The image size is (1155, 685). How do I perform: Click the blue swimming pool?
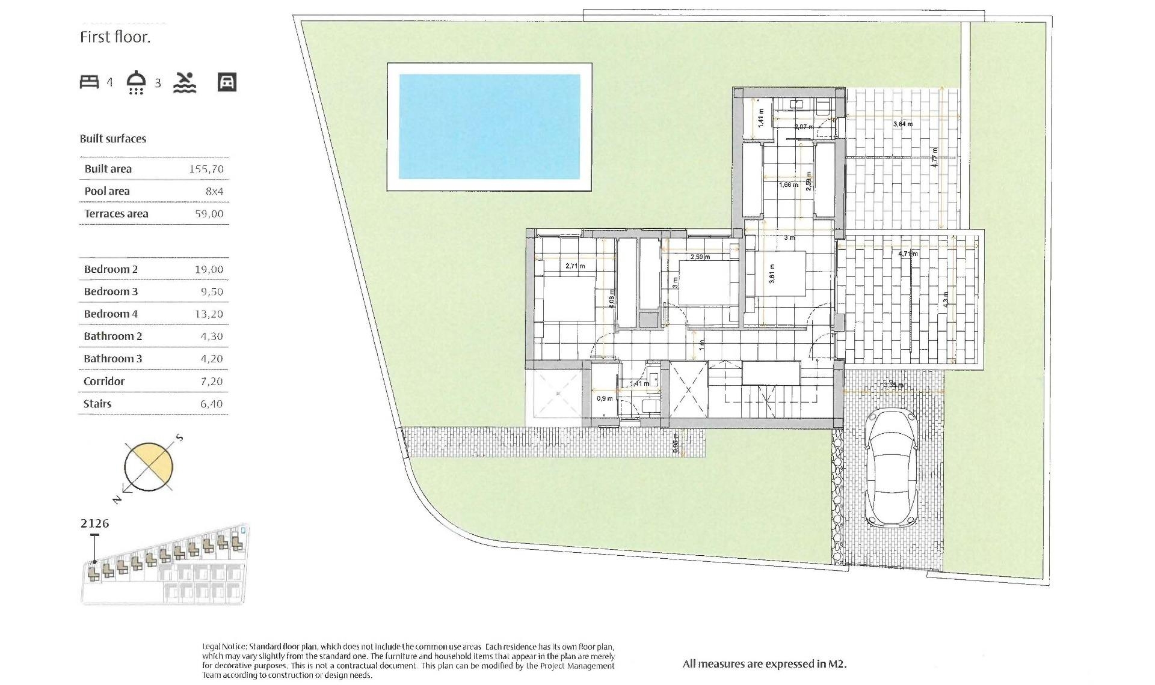pyautogui.click(x=489, y=127)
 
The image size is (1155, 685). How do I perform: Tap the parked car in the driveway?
pyautogui.click(x=891, y=468)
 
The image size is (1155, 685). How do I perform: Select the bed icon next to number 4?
pyautogui.click(x=90, y=82)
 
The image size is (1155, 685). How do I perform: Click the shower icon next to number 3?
pyautogui.click(x=137, y=82)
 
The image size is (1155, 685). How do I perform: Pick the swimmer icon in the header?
pyautogui.click(x=185, y=82)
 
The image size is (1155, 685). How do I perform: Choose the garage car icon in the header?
pyautogui.click(x=227, y=82)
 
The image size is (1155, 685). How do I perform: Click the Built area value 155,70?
pyautogui.click(x=206, y=169)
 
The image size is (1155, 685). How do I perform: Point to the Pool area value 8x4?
pyautogui.click(x=214, y=192)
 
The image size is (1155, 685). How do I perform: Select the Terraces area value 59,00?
pyautogui.click(x=209, y=214)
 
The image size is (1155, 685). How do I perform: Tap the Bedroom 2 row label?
pyautogui.click(x=111, y=269)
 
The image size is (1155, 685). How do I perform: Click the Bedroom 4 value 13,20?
pyautogui.click(x=209, y=314)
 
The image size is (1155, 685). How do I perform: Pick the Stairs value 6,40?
pyautogui.click(x=211, y=404)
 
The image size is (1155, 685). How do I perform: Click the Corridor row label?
pyautogui.click(x=104, y=382)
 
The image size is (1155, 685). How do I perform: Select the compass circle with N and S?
pyautogui.click(x=149, y=467)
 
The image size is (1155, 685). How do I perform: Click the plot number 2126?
pyautogui.click(x=95, y=523)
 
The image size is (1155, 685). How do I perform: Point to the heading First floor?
pyautogui.click(x=115, y=37)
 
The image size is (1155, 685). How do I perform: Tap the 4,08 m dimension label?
pyautogui.click(x=612, y=299)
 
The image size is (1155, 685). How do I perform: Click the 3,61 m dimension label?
pyautogui.click(x=772, y=274)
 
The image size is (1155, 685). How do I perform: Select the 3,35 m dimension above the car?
pyautogui.click(x=893, y=385)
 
